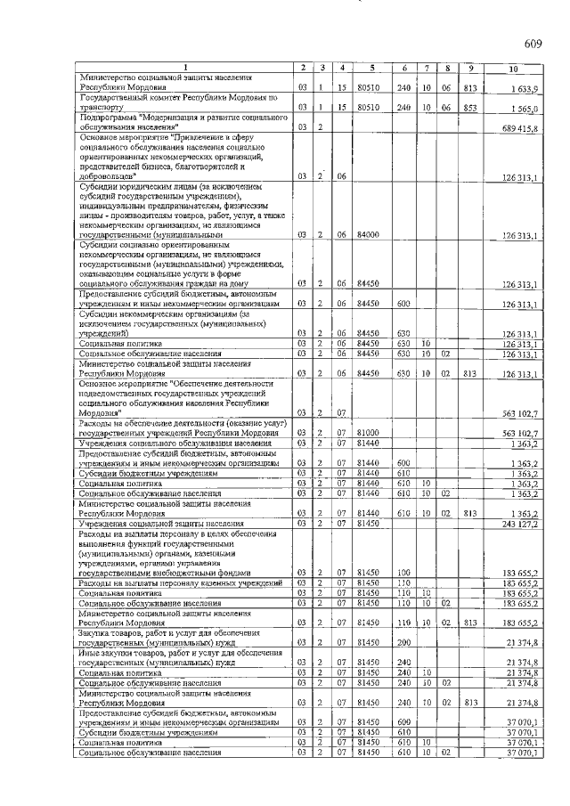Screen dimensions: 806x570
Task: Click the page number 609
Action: [533, 44]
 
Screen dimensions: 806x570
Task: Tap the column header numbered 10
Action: [512, 69]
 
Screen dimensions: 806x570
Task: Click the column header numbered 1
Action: [185, 69]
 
